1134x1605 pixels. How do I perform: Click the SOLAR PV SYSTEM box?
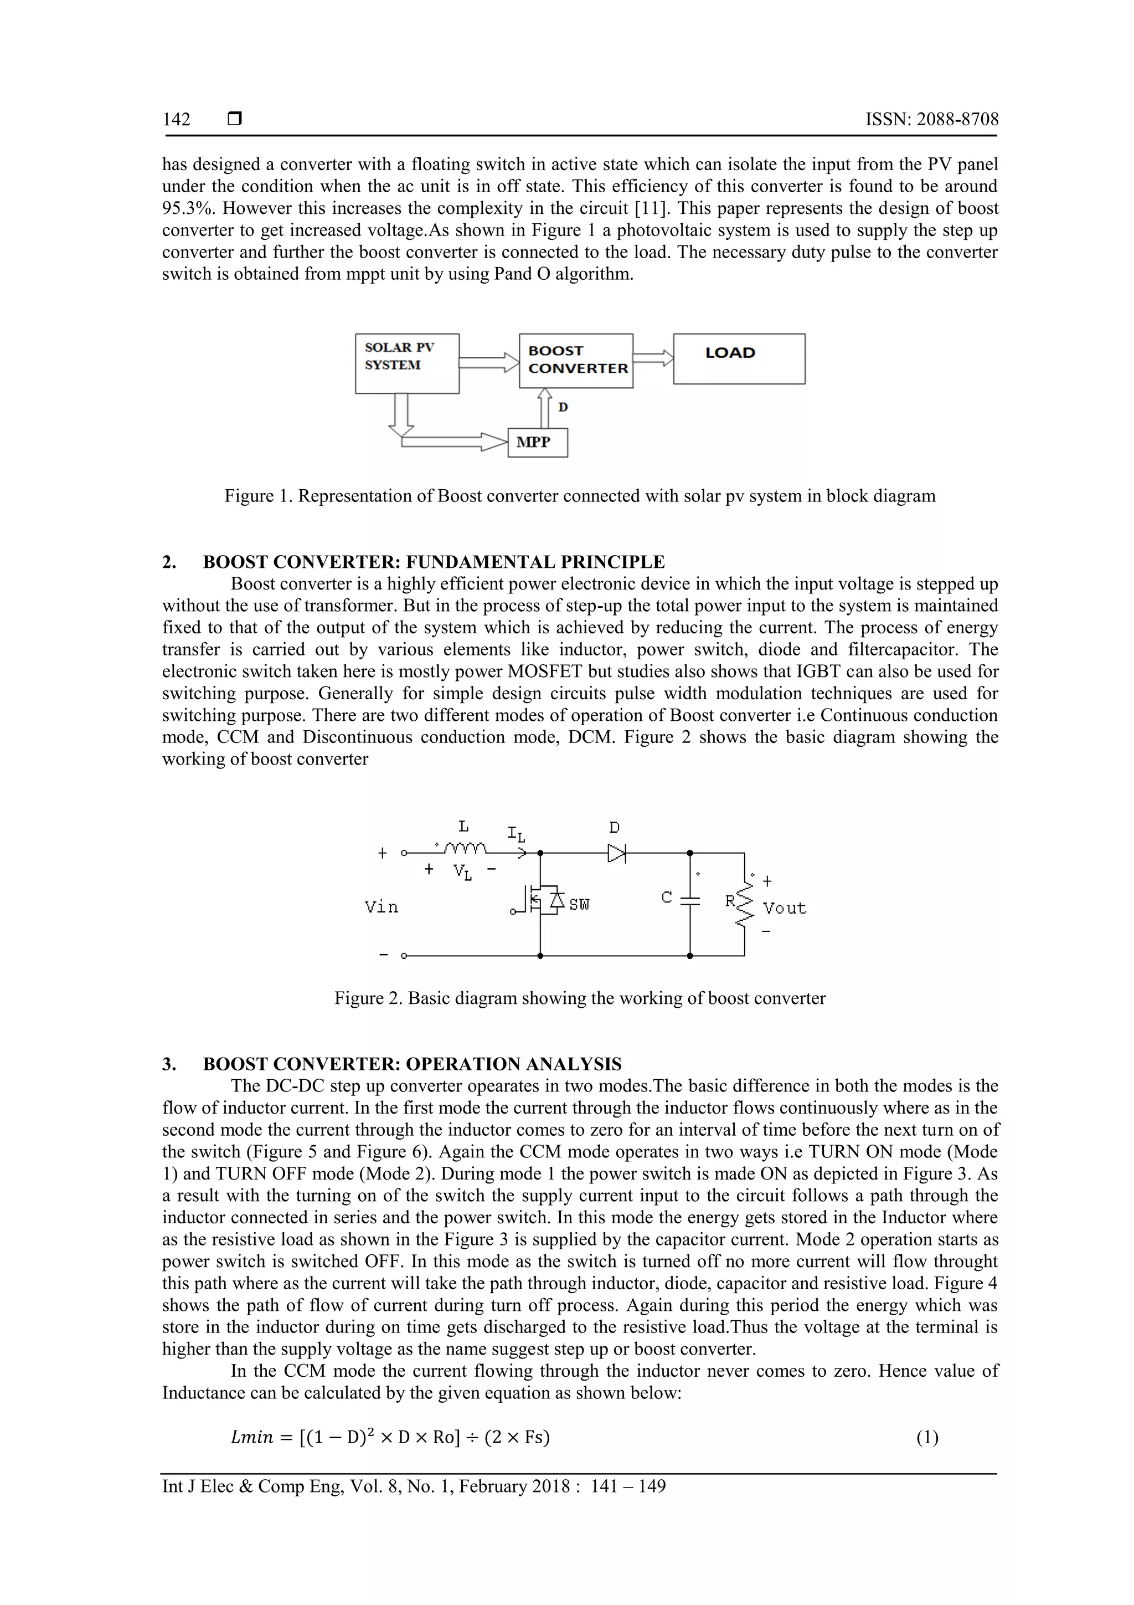tap(406, 363)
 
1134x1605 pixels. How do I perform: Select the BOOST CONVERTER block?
tap(576, 361)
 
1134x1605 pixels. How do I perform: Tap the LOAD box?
tap(739, 358)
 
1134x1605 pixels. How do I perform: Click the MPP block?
tap(537, 443)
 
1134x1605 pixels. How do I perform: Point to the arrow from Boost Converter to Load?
tap(653, 358)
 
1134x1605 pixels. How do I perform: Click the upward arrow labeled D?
tap(544, 408)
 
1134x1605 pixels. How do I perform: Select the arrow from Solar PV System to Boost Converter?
tap(488, 362)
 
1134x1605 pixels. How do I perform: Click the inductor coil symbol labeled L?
tap(465, 849)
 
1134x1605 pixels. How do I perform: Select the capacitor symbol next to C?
tap(689, 900)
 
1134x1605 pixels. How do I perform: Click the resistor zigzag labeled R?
tap(745, 902)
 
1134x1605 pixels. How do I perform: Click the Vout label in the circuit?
tap(784, 908)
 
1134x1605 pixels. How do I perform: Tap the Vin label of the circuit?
tap(382, 907)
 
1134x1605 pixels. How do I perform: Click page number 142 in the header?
tap(176, 120)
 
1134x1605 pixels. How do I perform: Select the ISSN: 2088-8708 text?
tap(931, 120)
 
